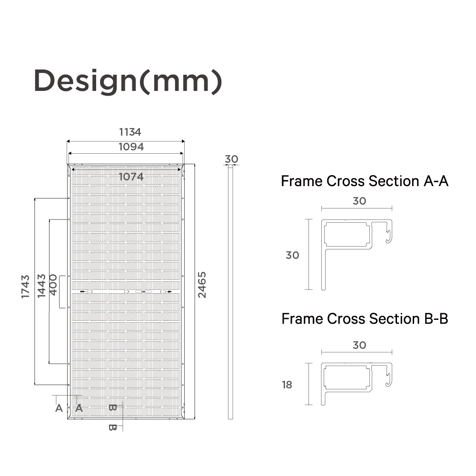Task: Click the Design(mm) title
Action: [128, 81]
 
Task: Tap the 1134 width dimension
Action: [130, 132]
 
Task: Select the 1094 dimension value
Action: [131, 147]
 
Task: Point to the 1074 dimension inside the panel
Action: [131, 177]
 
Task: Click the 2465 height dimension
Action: [202, 285]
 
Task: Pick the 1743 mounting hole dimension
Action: [26, 287]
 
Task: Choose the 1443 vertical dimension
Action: [41, 286]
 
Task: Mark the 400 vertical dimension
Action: [53, 285]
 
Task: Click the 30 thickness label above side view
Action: [231, 159]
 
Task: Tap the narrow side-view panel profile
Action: [230, 292]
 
